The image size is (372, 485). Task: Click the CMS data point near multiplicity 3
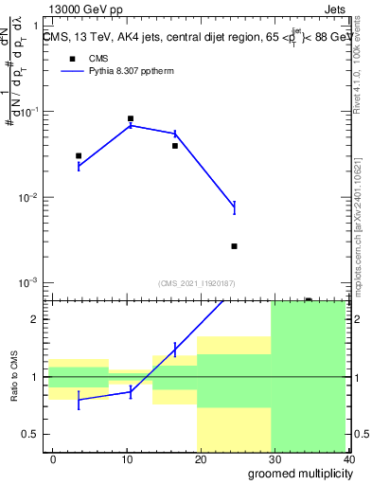pyautogui.click(x=79, y=155)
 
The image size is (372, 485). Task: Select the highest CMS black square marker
pyautogui.click(x=131, y=119)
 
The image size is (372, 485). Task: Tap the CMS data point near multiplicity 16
pyautogui.click(x=175, y=146)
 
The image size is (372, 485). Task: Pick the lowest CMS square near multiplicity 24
pyautogui.click(x=234, y=246)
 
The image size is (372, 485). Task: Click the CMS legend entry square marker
pyautogui.click(x=71, y=58)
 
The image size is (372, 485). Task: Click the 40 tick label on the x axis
pyautogui.click(x=349, y=458)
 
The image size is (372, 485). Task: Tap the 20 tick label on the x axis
pyautogui.click(x=202, y=458)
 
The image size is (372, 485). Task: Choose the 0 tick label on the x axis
pyautogui.click(x=53, y=458)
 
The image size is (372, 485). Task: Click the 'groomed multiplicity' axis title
pyautogui.click(x=294, y=474)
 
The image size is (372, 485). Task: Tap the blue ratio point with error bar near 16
pyautogui.click(x=175, y=350)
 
